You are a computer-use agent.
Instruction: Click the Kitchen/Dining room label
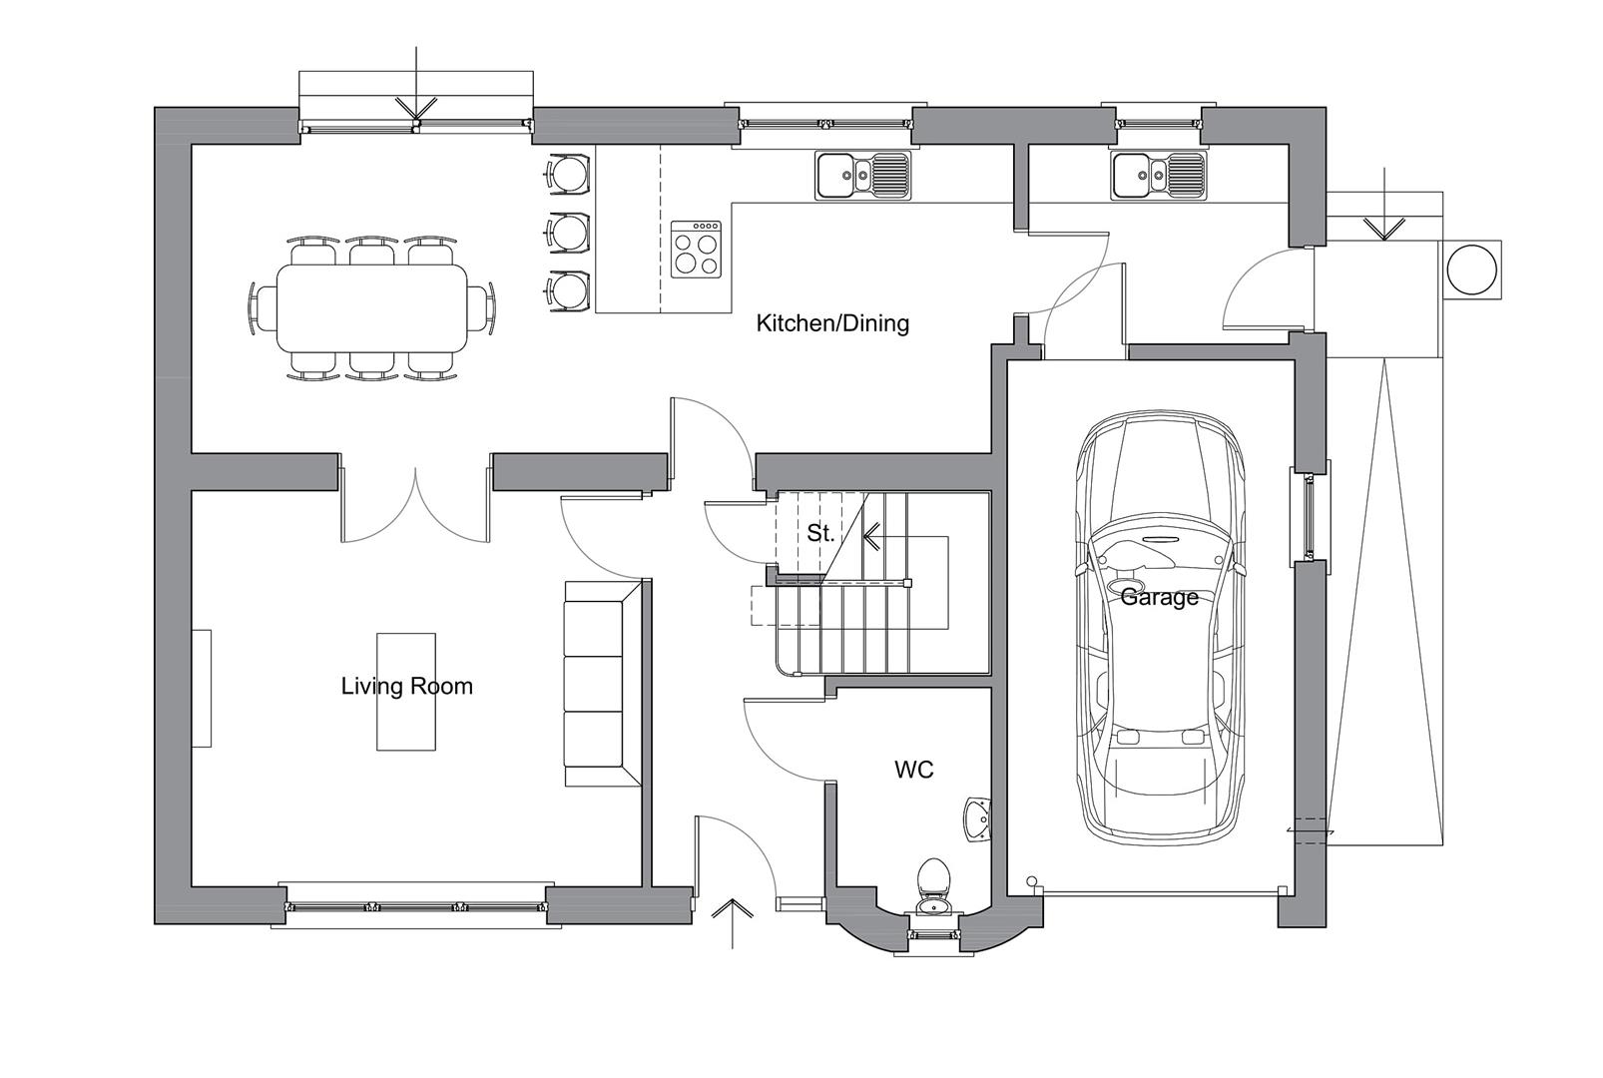(x=832, y=323)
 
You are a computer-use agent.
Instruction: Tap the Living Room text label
(x=406, y=687)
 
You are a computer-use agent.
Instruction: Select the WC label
(x=914, y=771)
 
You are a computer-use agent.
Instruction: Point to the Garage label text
(x=1159, y=597)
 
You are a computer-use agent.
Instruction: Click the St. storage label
(x=820, y=533)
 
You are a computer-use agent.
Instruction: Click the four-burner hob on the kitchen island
(x=696, y=250)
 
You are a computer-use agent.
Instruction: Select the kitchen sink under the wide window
(x=862, y=175)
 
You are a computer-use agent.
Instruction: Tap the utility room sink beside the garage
(x=1159, y=175)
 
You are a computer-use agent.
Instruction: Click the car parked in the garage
(x=1159, y=627)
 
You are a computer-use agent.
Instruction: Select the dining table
(x=372, y=308)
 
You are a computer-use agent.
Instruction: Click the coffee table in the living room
(x=406, y=692)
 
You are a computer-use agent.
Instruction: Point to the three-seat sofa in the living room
(x=603, y=685)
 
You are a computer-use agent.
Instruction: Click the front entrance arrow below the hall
(x=732, y=923)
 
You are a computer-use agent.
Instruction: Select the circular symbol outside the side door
(x=1471, y=269)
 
